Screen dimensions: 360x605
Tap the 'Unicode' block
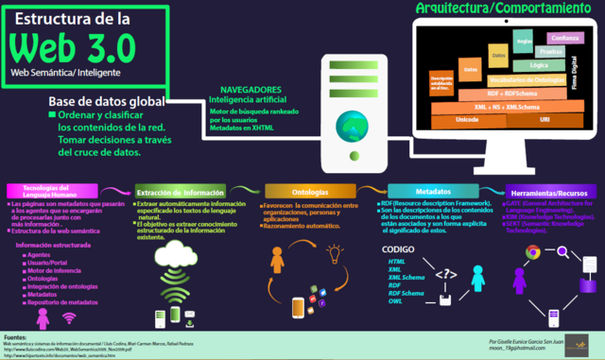point(467,120)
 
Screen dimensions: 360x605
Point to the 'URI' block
point(544,120)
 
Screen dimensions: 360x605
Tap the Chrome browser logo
point(532,252)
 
